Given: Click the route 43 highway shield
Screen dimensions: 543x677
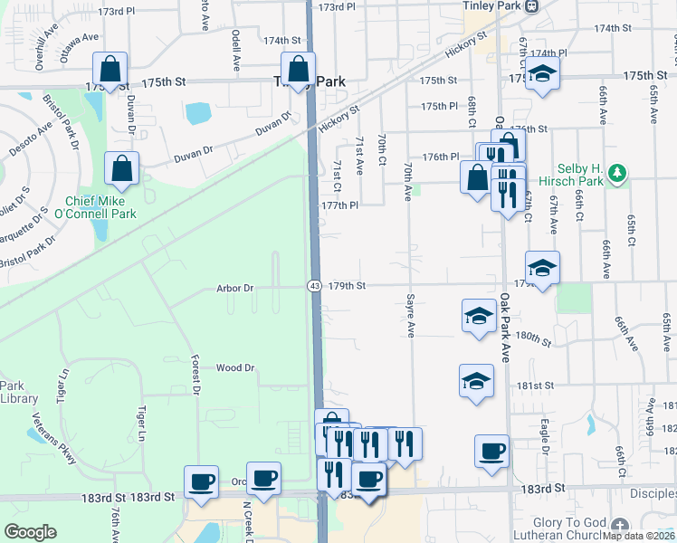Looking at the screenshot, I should (x=313, y=286).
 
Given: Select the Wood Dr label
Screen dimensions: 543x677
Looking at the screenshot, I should (x=235, y=368).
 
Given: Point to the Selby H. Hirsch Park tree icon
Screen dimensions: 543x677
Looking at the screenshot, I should (x=618, y=173).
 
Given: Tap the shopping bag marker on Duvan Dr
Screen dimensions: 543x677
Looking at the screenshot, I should (x=121, y=168).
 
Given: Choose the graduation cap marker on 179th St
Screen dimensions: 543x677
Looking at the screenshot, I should (x=542, y=267).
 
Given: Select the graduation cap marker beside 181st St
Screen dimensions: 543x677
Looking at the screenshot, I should (x=476, y=381).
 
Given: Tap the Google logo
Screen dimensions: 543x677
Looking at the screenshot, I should (x=30, y=531).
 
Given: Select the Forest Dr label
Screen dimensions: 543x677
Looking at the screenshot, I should (x=195, y=372).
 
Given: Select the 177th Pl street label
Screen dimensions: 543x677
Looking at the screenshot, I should (x=340, y=205).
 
